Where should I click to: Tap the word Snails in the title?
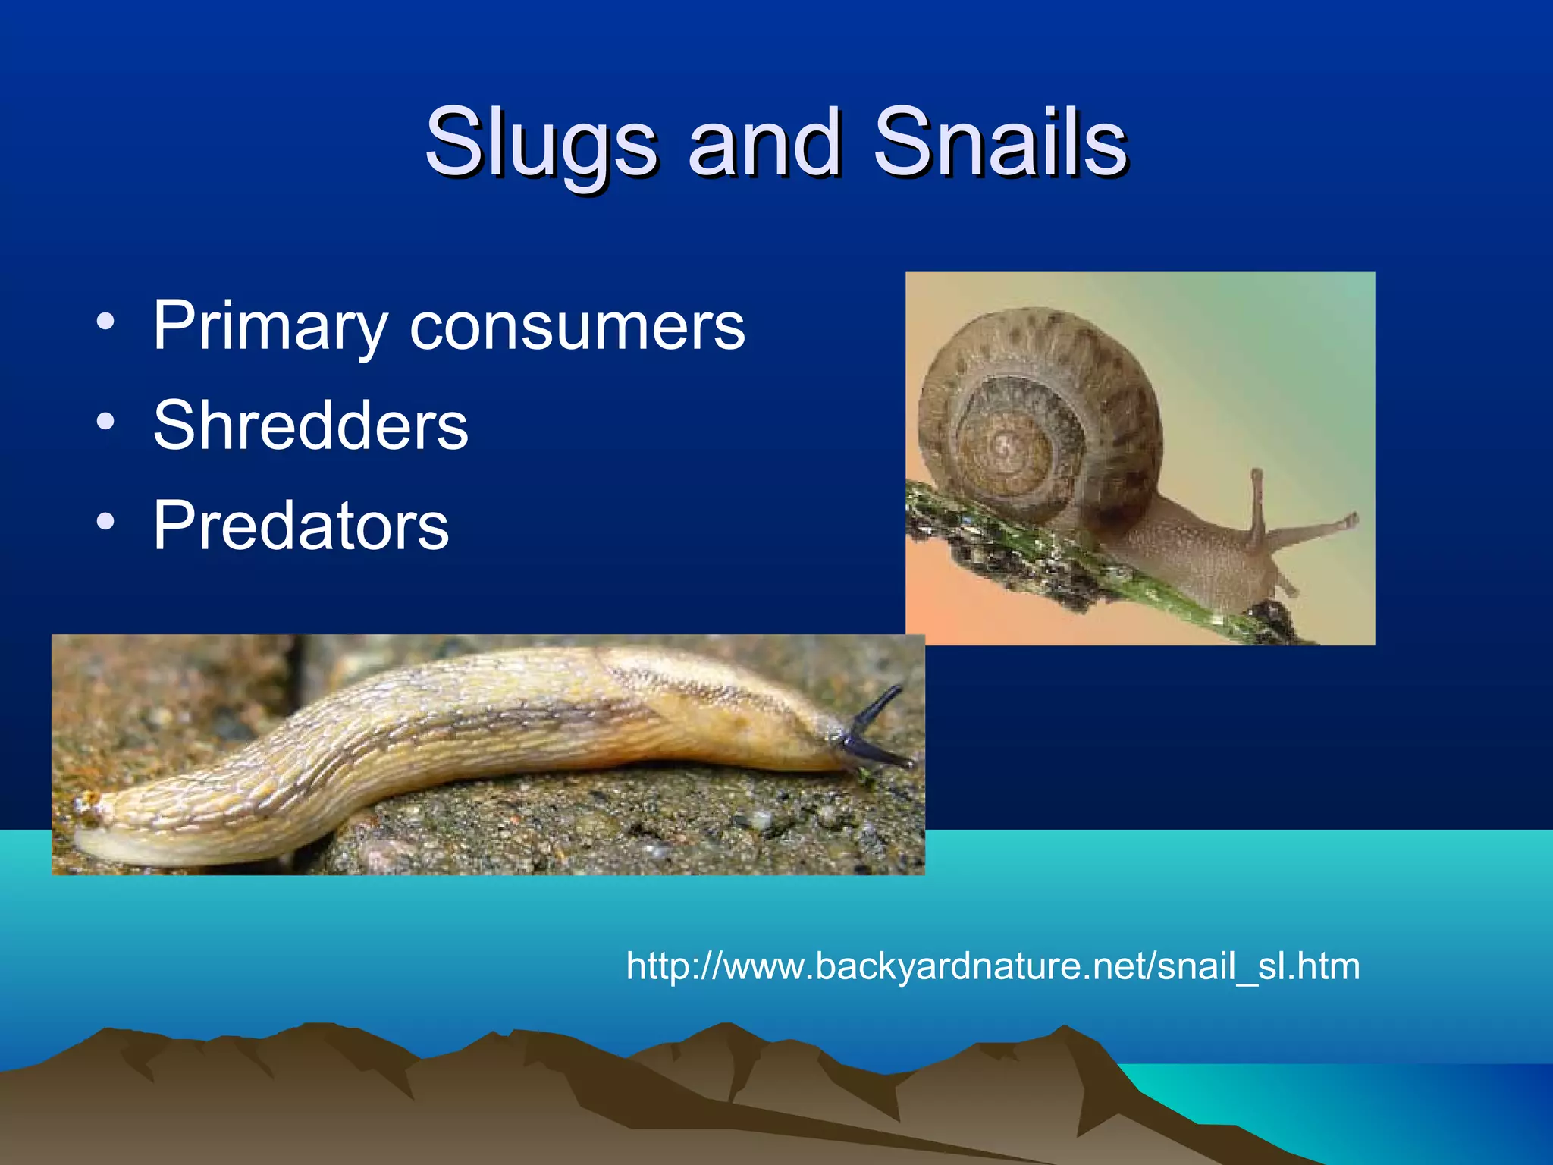click(x=999, y=141)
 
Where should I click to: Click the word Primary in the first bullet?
click(x=270, y=326)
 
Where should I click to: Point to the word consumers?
click(x=578, y=326)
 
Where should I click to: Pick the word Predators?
click(x=301, y=525)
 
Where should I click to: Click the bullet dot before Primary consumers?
click(x=105, y=322)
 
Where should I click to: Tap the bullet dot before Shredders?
click(x=105, y=422)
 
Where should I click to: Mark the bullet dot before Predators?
click(x=105, y=522)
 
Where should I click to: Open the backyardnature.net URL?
click(x=993, y=966)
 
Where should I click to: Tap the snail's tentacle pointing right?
click(x=1319, y=528)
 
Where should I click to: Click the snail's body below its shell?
click(x=1198, y=561)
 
